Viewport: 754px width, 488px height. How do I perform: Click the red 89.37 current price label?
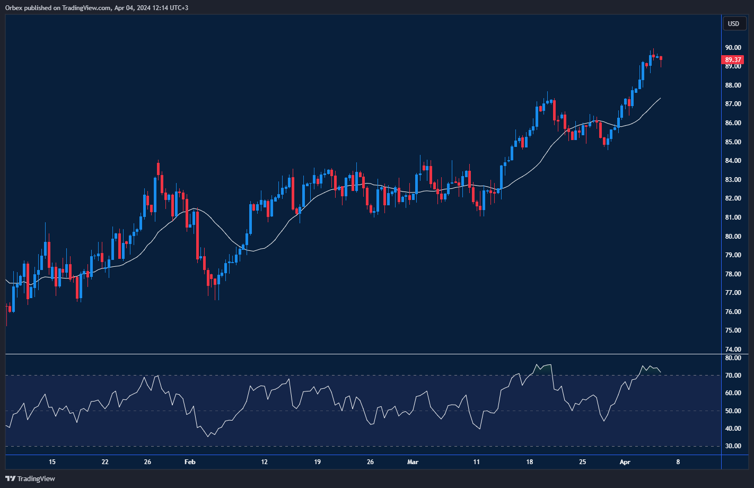(733, 60)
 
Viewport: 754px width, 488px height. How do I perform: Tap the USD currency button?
(733, 23)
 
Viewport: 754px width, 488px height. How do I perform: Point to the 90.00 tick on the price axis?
(733, 48)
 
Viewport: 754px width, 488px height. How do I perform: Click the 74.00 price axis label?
(733, 349)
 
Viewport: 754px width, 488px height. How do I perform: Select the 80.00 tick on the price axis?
(733, 236)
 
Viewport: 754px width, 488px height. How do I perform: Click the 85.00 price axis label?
(733, 142)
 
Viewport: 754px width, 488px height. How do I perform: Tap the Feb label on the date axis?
(190, 462)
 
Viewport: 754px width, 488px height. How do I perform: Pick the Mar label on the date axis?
(413, 462)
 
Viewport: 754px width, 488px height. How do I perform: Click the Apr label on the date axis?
(625, 462)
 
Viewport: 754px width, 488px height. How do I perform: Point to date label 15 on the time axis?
(52, 462)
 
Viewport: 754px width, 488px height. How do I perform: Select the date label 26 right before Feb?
(147, 462)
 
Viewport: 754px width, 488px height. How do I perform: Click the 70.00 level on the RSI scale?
(733, 376)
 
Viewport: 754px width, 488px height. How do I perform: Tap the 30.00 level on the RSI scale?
(733, 446)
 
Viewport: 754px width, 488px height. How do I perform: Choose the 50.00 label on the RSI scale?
(733, 411)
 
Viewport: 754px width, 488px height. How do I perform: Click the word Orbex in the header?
(14, 7)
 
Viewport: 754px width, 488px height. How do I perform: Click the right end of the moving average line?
(660, 98)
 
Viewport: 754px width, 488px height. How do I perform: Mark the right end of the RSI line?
(661, 372)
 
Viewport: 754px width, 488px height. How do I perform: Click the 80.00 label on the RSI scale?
(733, 358)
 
